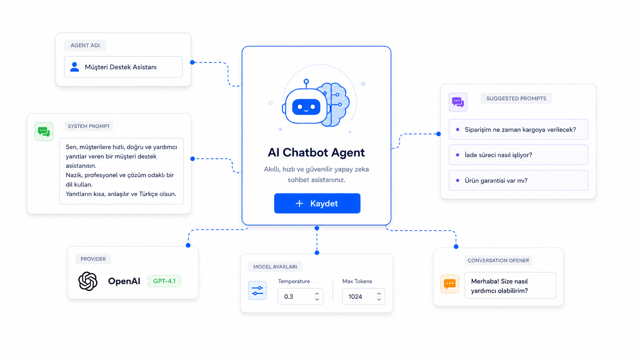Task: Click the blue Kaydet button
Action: click(x=317, y=203)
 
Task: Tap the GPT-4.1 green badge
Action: click(x=164, y=281)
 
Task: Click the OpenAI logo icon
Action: click(x=88, y=281)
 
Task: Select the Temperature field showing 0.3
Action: click(x=300, y=296)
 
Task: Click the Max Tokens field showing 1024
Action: click(x=363, y=296)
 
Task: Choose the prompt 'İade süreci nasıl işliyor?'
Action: click(x=518, y=155)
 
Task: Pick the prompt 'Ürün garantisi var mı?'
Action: click(x=518, y=180)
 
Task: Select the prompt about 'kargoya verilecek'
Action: click(x=518, y=129)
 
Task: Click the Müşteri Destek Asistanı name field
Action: click(x=123, y=67)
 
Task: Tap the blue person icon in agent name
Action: click(x=75, y=67)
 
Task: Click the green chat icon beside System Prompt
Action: click(x=44, y=132)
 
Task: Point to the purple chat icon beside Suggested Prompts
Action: click(x=458, y=102)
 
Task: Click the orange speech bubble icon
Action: click(x=450, y=284)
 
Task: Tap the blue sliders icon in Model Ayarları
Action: click(x=258, y=291)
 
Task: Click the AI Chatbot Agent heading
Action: click(x=316, y=152)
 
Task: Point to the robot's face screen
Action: click(x=306, y=107)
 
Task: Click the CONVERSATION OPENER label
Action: click(x=498, y=261)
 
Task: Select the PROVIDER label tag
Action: click(x=93, y=259)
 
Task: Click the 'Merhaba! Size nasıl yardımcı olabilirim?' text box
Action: click(x=510, y=285)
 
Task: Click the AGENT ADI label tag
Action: click(x=85, y=46)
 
